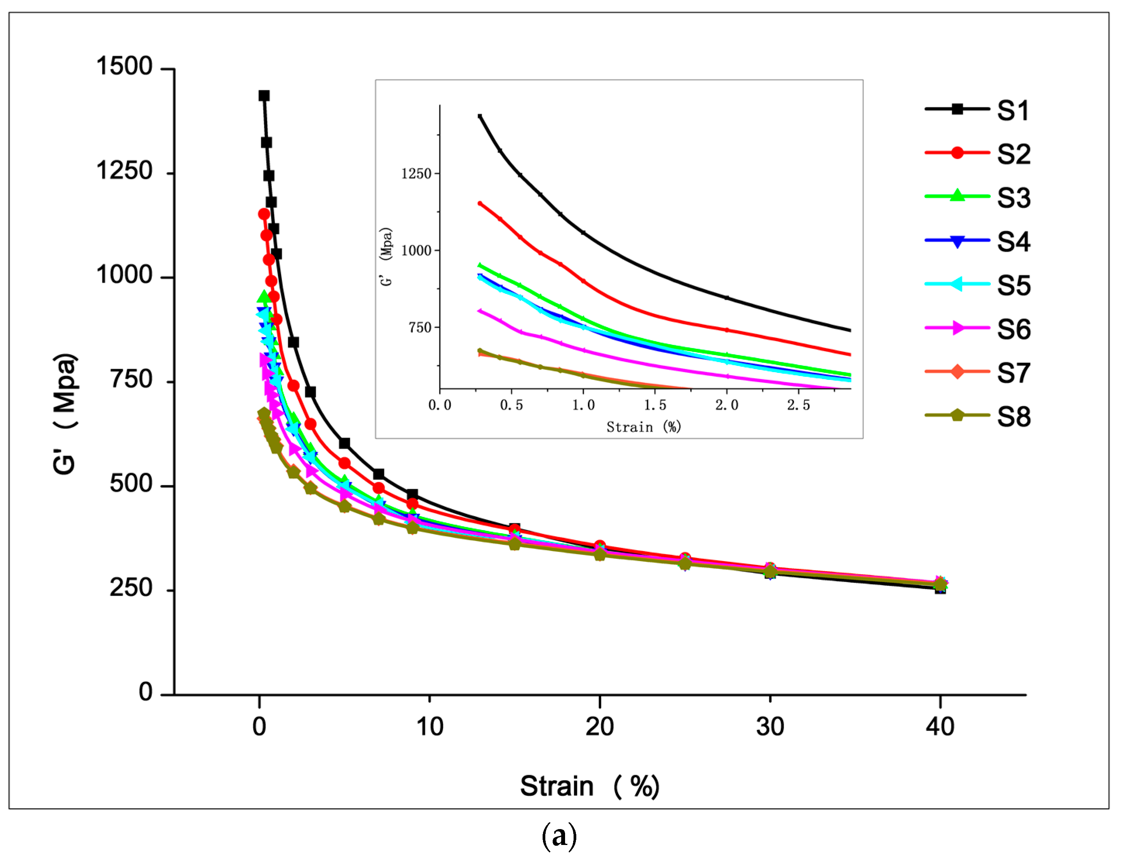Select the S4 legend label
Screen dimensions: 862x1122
point(1013,242)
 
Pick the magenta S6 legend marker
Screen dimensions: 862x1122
point(957,328)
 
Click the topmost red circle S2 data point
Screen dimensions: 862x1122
point(264,214)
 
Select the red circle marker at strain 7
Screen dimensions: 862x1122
point(378,488)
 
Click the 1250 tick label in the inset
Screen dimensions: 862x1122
point(416,174)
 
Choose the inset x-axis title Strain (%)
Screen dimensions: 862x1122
point(643,427)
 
